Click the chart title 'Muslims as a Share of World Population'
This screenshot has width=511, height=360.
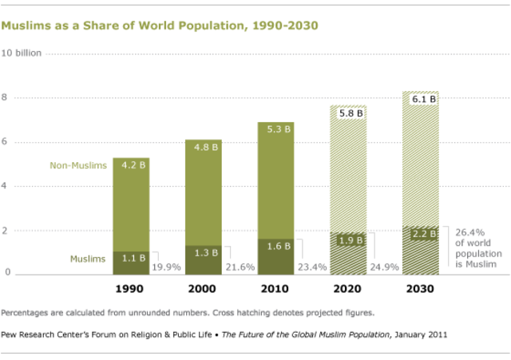pyautogui.click(x=160, y=26)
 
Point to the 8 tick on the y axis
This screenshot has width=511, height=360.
pyautogui.click(x=7, y=98)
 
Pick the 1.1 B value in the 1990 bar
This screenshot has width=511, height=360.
pyautogui.click(x=131, y=257)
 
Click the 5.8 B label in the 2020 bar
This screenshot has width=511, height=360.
pyautogui.click(x=349, y=114)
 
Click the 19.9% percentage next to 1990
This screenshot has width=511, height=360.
pyautogui.click(x=166, y=267)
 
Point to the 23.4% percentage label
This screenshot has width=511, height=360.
pyautogui.click(x=311, y=267)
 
